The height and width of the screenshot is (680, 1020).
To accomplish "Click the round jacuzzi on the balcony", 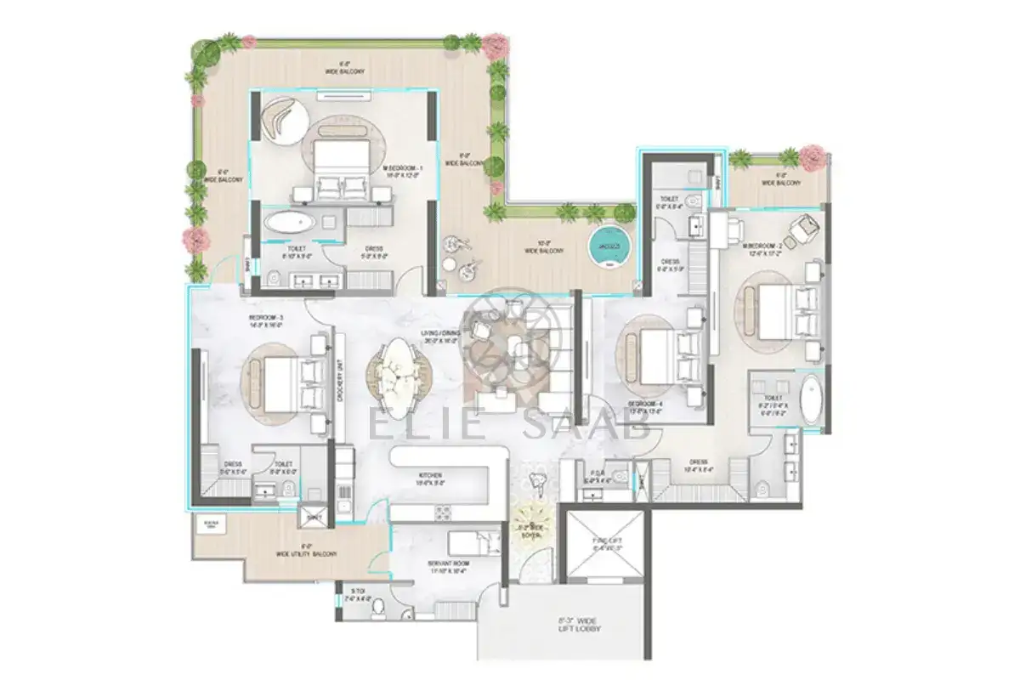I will pos(611,246).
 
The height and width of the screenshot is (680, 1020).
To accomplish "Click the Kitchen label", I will pos(430,479).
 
